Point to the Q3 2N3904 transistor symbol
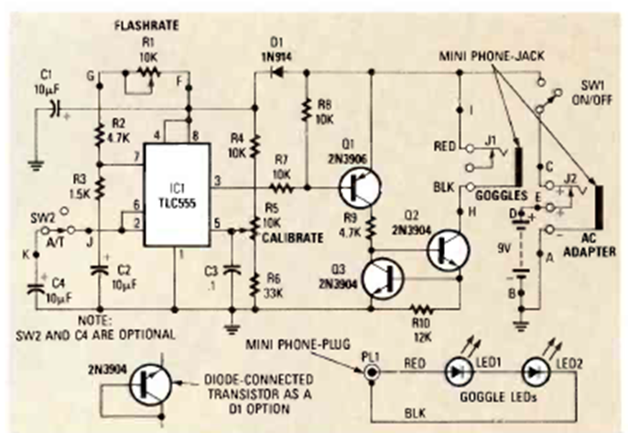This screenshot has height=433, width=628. tap(382, 281)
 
